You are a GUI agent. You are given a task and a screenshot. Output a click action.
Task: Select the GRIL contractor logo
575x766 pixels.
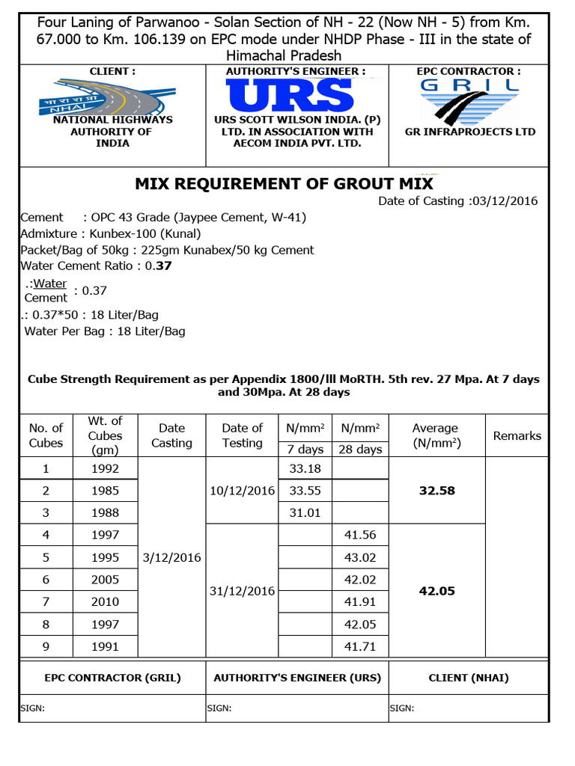coord(469,98)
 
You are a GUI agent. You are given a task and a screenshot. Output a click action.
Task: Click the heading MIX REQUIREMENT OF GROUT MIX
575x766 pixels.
coord(284,183)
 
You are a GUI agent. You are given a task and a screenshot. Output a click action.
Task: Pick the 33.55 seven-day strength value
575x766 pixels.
coord(305,491)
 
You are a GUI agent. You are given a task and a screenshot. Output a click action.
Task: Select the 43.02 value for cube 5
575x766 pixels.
coord(360,557)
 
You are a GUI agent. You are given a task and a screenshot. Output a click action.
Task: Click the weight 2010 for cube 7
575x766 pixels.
coord(105,602)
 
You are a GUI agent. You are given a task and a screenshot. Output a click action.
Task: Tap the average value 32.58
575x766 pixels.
coord(437,491)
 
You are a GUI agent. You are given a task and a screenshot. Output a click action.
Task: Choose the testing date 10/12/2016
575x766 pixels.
coord(243,491)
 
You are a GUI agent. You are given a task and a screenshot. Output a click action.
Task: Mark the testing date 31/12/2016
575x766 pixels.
coord(243,591)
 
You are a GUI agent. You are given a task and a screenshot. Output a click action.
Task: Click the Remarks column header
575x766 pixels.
coord(517,435)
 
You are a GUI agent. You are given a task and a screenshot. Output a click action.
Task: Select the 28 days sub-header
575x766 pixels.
coord(360,450)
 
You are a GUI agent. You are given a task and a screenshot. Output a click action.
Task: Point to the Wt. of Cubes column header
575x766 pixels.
coord(105,435)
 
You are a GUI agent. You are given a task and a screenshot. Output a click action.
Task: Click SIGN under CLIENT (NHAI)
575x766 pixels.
coord(402,708)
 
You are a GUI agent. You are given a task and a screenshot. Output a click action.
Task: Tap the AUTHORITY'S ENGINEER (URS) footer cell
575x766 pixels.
coord(297,678)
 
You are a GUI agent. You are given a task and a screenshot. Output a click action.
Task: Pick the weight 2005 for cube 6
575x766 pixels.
coord(105,580)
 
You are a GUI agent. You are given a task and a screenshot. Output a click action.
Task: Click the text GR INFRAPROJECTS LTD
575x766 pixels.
coord(470,132)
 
